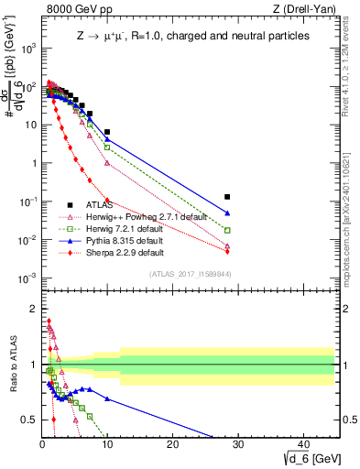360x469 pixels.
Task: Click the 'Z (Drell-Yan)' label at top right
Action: [x=302, y=10]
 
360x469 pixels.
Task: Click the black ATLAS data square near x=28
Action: [x=227, y=197]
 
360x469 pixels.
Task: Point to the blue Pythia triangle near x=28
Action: [x=227, y=213]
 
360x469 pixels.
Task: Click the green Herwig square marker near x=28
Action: [x=227, y=230]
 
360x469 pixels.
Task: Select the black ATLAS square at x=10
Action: [x=107, y=132]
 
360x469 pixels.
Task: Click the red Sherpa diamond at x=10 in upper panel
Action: [x=107, y=200]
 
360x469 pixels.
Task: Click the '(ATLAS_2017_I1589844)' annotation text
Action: [x=195, y=272]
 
